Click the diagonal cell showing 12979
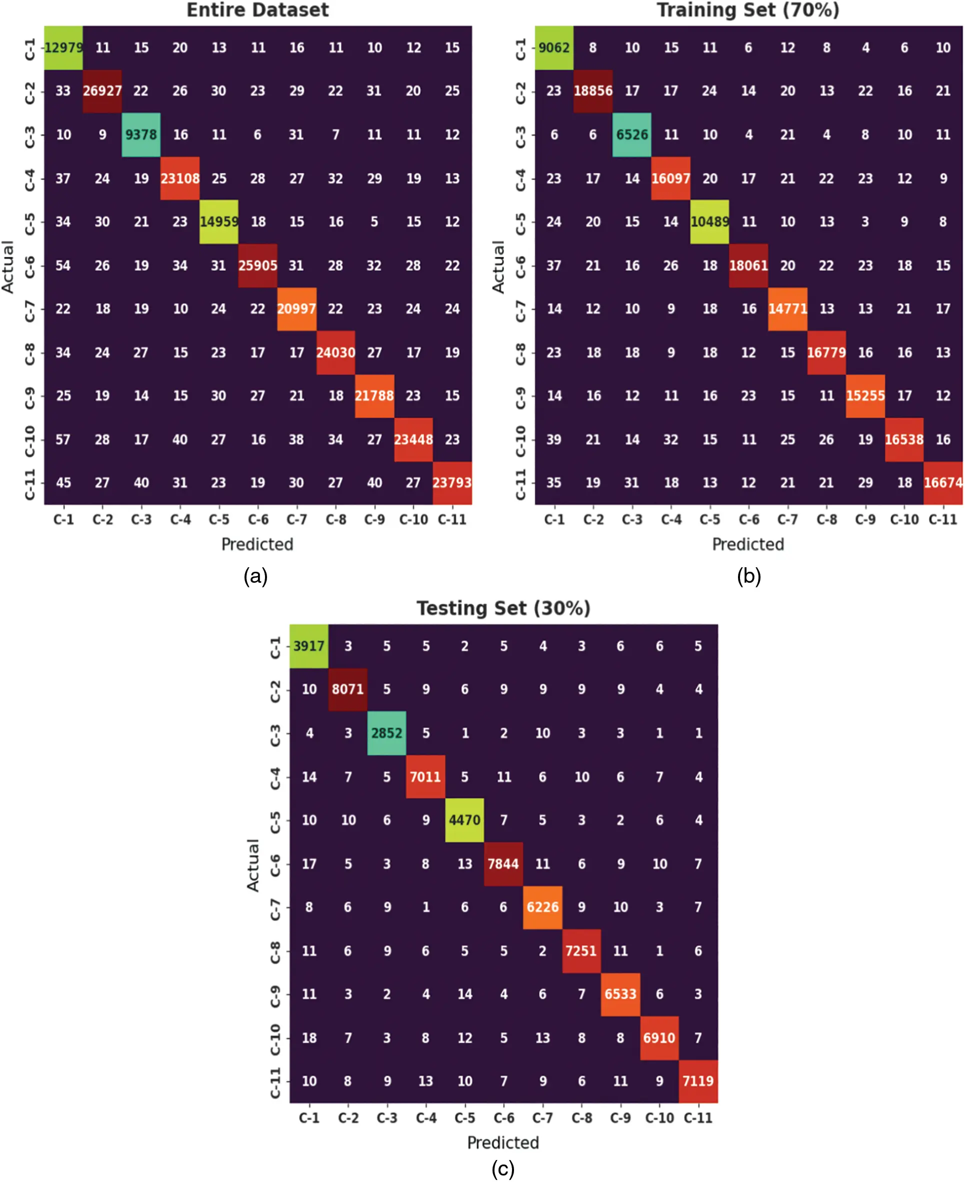[x=63, y=47]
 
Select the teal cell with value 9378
[x=141, y=134]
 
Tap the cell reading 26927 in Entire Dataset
[x=102, y=91]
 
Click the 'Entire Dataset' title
[x=257, y=10]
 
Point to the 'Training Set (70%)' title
[x=747, y=10]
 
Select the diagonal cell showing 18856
[x=593, y=91]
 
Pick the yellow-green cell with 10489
[x=709, y=222]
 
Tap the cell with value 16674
[x=943, y=482]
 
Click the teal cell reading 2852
[x=386, y=733]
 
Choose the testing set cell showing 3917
[x=308, y=646]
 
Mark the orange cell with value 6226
[x=542, y=907]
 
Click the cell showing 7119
[x=697, y=1081]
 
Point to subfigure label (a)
[x=255, y=576]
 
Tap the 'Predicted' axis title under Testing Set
[x=503, y=1143]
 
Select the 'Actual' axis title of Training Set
[x=498, y=266]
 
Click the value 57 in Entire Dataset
[x=63, y=440]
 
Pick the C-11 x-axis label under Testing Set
[x=697, y=1118]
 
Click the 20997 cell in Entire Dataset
[x=296, y=309]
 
